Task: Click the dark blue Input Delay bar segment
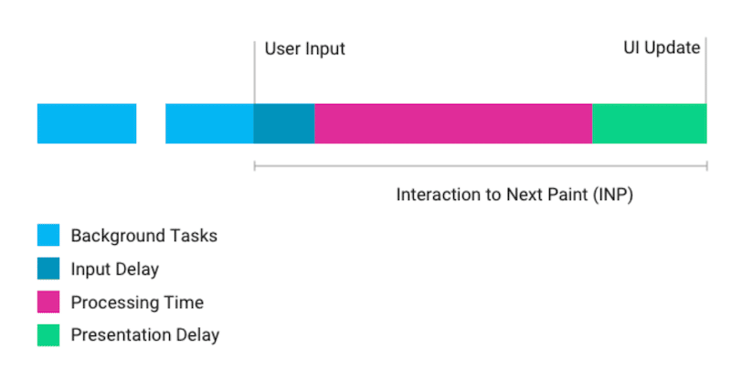[x=284, y=123]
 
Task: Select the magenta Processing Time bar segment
[x=453, y=123]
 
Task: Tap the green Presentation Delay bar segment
[x=650, y=123]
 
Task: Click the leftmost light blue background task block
[x=87, y=123]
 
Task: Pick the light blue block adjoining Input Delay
[x=209, y=123]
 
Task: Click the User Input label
[x=305, y=49]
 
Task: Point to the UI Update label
[x=662, y=48]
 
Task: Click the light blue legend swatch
[x=48, y=235]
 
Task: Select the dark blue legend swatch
[x=48, y=268]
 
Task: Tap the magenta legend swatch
[x=48, y=302]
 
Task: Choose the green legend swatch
[x=48, y=334]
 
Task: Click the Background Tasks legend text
[x=144, y=236]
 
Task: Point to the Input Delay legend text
[x=115, y=270]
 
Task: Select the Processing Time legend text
[x=137, y=302]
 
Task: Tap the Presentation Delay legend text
[x=145, y=335]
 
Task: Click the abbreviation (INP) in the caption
[x=613, y=195]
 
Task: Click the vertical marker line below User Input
[x=255, y=72]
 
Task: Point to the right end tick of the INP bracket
[x=706, y=166]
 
